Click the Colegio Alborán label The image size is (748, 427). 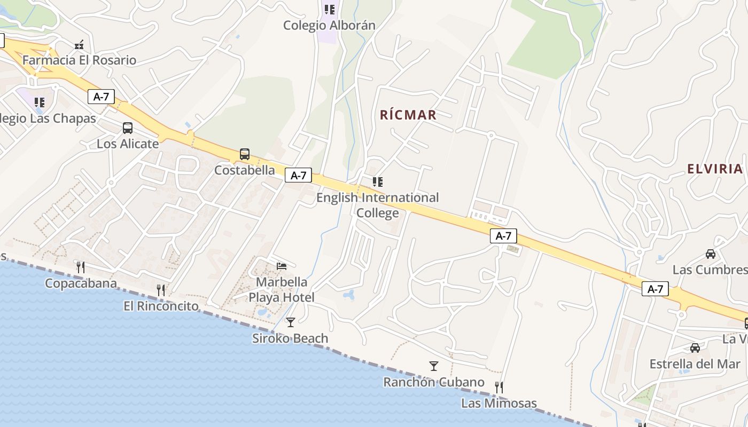[x=329, y=25]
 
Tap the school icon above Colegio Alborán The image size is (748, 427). [x=330, y=10]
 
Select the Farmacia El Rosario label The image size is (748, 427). [x=79, y=60]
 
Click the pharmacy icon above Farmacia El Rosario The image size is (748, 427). [x=80, y=45]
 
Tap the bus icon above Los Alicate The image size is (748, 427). [x=128, y=128]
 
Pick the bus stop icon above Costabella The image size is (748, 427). [x=245, y=154]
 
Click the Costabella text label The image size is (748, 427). [x=245, y=170]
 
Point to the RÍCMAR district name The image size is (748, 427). [x=408, y=115]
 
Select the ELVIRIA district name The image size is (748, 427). [x=715, y=169]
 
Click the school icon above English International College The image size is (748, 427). [x=378, y=182]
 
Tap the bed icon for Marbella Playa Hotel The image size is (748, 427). [x=282, y=266]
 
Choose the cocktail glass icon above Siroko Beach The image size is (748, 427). [x=290, y=322]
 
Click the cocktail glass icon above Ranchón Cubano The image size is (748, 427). [x=434, y=366]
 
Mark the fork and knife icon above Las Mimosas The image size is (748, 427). [x=499, y=387]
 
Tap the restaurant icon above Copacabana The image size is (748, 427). [x=81, y=267]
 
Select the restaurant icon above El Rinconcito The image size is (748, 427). [x=161, y=290]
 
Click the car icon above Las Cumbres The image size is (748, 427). [x=711, y=254]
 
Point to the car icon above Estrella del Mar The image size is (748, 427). [x=695, y=348]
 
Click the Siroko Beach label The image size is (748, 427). [x=290, y=338]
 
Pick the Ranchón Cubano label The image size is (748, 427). [x=434, y=382]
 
